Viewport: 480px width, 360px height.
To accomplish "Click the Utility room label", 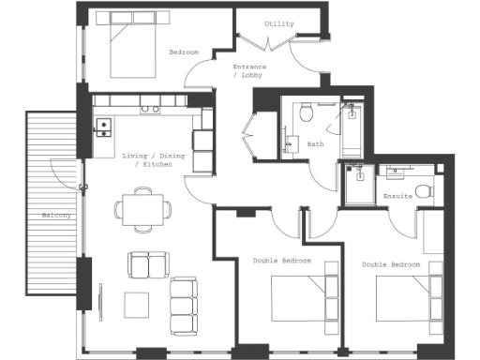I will click(278, 23).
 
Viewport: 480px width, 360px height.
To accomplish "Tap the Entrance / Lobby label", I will click(249, 71).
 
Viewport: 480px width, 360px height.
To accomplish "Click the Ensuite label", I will click(398, 197).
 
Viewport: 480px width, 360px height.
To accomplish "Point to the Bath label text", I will click(315, 144).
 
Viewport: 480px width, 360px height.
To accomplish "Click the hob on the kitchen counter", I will click(150, 109).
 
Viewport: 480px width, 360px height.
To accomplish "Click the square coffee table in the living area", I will click(137, 305).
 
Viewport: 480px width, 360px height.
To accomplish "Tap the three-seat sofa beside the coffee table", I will click(184, 306).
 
